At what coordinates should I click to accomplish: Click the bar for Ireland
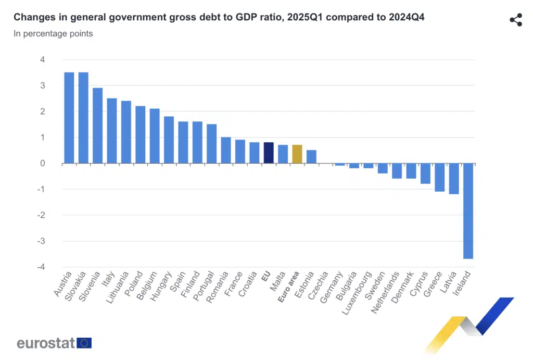[468, 210]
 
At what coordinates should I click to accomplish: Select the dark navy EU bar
[269, 153]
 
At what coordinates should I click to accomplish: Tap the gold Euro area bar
[297, 154]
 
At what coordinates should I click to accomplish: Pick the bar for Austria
[69, 118]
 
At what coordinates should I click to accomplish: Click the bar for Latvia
[454, 178]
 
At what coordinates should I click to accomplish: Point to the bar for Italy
[111, 131]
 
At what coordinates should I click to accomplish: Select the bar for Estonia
[311, 157]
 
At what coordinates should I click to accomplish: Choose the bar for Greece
[439, 177]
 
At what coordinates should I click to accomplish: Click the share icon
[515, 20]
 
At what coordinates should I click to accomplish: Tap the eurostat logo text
[46, 343]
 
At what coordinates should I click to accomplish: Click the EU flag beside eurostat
[84, 343]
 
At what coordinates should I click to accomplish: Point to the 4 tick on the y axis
[42, 60]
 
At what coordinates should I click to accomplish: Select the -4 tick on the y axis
[41, 267]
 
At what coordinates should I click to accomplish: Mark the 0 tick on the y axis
[42, 164]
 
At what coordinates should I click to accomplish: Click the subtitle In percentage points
[53, 34]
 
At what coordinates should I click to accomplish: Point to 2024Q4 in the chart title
[407, 18]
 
